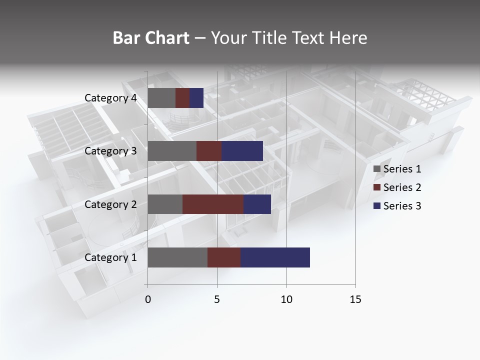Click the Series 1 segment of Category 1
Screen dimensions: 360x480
click(x=177, y=257)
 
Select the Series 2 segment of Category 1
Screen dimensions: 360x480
click(x=224, y=257)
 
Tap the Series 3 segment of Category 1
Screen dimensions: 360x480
click(x=275, y=257)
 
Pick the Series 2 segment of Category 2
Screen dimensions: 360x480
click(x=213, y=204)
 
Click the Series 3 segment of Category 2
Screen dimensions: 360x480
click(x=257, y=204)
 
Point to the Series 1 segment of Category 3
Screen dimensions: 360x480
click(x=172, y=151)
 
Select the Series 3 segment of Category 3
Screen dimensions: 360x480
click(x=242, y=151)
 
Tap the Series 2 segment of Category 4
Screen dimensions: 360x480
click(x=182, y=98)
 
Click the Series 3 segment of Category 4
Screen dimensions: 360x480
click(x=196, y=98)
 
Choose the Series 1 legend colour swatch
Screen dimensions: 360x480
click(x=377, y=169)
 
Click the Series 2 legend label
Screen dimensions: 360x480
click(x=402, y=187)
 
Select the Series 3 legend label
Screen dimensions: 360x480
click(x=402, y=206)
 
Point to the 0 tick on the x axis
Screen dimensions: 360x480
click(x=148, y=299)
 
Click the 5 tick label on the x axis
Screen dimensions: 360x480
click(x=217, y=299)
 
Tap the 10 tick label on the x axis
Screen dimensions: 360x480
click(x=286, y=299)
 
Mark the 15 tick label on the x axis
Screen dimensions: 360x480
click(x=355, y=299)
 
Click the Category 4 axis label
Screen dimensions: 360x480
click(x=110, y=98)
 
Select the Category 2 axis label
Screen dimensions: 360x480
click(x=110, y=204)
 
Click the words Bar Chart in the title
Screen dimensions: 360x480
click(x=151, y=38)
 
